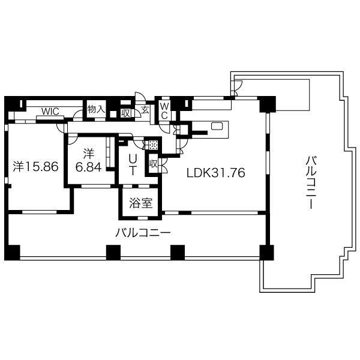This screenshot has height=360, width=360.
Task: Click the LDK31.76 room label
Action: pos(216,173)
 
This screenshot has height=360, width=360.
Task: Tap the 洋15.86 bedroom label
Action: pos(35,166)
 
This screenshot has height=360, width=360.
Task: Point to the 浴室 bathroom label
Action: pos(141,203)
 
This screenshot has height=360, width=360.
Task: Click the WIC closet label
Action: pos(50,112)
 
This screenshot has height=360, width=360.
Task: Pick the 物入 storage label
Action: pos(96,109)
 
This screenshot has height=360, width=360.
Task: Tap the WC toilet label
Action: pos(164,111)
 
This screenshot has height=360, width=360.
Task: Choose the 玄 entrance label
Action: pos(145,110)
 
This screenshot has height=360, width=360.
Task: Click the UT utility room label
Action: pos(133,164)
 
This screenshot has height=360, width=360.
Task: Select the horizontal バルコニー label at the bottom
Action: pos(143,233)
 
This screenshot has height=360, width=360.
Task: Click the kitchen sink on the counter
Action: pos(217,126)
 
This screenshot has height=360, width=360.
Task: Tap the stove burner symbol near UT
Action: pos(153,145)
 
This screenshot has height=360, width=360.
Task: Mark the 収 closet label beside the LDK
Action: pos(154,164)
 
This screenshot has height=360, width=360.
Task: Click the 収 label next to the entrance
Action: pos(125,113)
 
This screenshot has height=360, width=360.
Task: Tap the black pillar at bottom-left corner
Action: pos(13,253)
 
